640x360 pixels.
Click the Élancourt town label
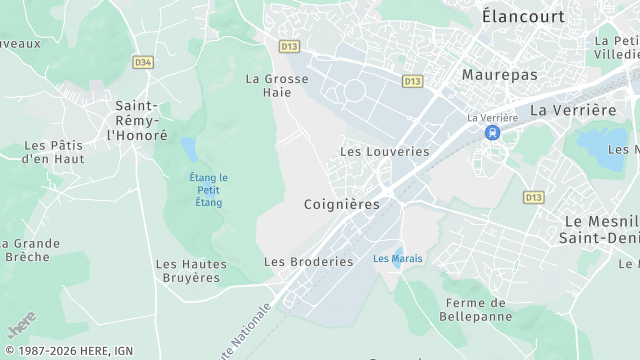pyautogui.click(x=522, y=16)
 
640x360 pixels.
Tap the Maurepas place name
pyautogui.click(x=499, y=75)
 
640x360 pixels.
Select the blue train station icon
pyautogui.click(x=491, y=132)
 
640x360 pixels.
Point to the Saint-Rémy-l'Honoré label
pyautogui.click(x=136, y=120)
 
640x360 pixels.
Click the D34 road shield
pyautogui.click(x=143, y=62)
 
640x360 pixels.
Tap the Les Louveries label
pyautogui.click(x=384, y=152)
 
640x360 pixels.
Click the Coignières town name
pyautogui.click(x=342, y=204)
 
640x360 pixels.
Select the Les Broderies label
pyautogui.click(x=309, y=262)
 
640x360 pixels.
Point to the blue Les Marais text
pyautogui.click(x=397, y=259)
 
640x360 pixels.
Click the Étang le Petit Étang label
pyautogui.click(x=209, y=190)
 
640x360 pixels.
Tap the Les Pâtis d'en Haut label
pyautogui.click(x=53, y=152)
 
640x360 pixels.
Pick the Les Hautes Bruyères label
pyautogui.click(x=191, y=271)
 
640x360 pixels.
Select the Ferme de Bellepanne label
pyautogui.click(x=475, y=310)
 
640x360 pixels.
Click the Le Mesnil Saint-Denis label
pyautogui.click(x=600, y=228)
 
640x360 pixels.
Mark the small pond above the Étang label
pyautogui.click(x=189, y=150)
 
